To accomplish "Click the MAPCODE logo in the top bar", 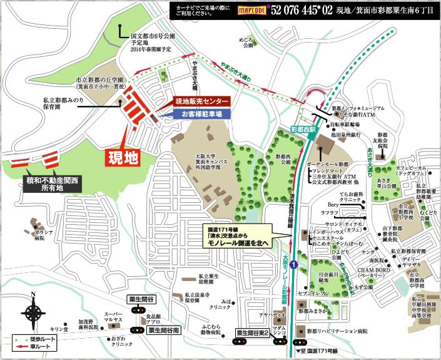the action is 250,11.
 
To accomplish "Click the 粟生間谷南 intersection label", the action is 160,329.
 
